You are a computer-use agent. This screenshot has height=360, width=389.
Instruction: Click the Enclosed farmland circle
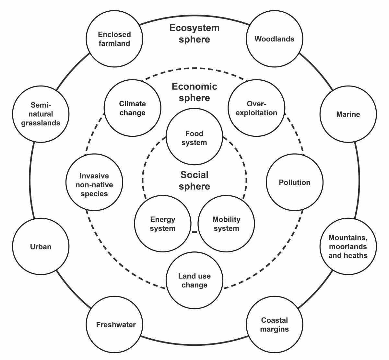click(x=114, y=39)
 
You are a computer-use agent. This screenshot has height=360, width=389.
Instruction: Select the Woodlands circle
click(x=275, y=39)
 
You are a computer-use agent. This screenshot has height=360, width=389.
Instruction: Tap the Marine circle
click(x=348, y=114)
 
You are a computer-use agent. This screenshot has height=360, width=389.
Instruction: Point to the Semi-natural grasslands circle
click(x=41, y=114)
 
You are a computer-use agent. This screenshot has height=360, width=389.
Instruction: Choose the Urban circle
click(x=41, y=246)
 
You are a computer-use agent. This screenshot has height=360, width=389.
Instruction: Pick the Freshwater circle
click(x=114, y=324)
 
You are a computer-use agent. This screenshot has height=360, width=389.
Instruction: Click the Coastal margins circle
click(x=275, y=324)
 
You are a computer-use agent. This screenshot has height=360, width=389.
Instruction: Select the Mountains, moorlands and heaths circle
click(x=348, y=246)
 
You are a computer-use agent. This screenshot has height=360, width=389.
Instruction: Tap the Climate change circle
click(x=132, y=108)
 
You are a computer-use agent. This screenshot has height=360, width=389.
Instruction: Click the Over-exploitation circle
click(x=256, y=108)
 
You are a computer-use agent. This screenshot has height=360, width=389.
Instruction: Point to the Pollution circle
click(x=295, y=182)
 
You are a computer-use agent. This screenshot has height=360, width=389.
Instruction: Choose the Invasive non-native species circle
click(x=94, y=182)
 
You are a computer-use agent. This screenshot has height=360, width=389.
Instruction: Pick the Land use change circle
click(x=194, y=280)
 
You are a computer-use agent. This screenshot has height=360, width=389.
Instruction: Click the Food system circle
click(x=194, y=136)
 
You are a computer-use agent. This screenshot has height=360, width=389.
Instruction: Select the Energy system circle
click(x=163, y=224)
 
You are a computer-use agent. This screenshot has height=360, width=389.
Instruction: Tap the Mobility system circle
click(x=226, y=224)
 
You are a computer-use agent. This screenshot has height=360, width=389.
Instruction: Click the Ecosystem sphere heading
click(x=194, y=33)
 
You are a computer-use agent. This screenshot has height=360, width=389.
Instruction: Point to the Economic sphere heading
click(x=194, y=92)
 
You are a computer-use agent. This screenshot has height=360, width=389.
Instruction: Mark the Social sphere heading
click(x=194, y=180)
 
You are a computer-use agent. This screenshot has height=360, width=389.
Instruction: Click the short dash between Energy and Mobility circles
click(x=194, y=232)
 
